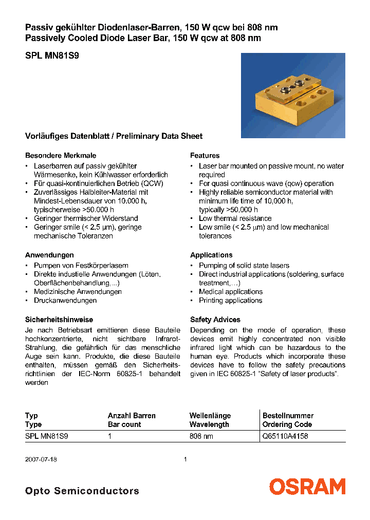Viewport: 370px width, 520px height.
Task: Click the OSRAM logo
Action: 307,486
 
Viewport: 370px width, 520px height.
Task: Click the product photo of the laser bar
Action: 293,95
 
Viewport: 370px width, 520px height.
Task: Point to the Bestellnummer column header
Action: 288,416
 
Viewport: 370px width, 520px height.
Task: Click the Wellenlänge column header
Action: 210,416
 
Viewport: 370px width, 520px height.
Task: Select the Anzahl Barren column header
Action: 132,416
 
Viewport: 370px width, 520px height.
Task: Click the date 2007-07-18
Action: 41,459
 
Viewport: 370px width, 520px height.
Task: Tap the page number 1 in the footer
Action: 185,459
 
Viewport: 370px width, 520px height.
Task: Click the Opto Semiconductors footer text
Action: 82,491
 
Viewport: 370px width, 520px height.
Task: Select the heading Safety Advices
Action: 215,320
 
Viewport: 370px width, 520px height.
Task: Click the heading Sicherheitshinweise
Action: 59,320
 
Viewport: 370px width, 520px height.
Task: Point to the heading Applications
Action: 211,255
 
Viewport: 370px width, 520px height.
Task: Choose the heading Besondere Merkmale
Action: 61,155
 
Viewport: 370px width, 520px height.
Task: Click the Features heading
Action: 205,155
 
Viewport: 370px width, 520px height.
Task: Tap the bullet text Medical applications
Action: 231,291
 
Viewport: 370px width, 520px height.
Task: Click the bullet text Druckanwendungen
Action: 65,300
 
